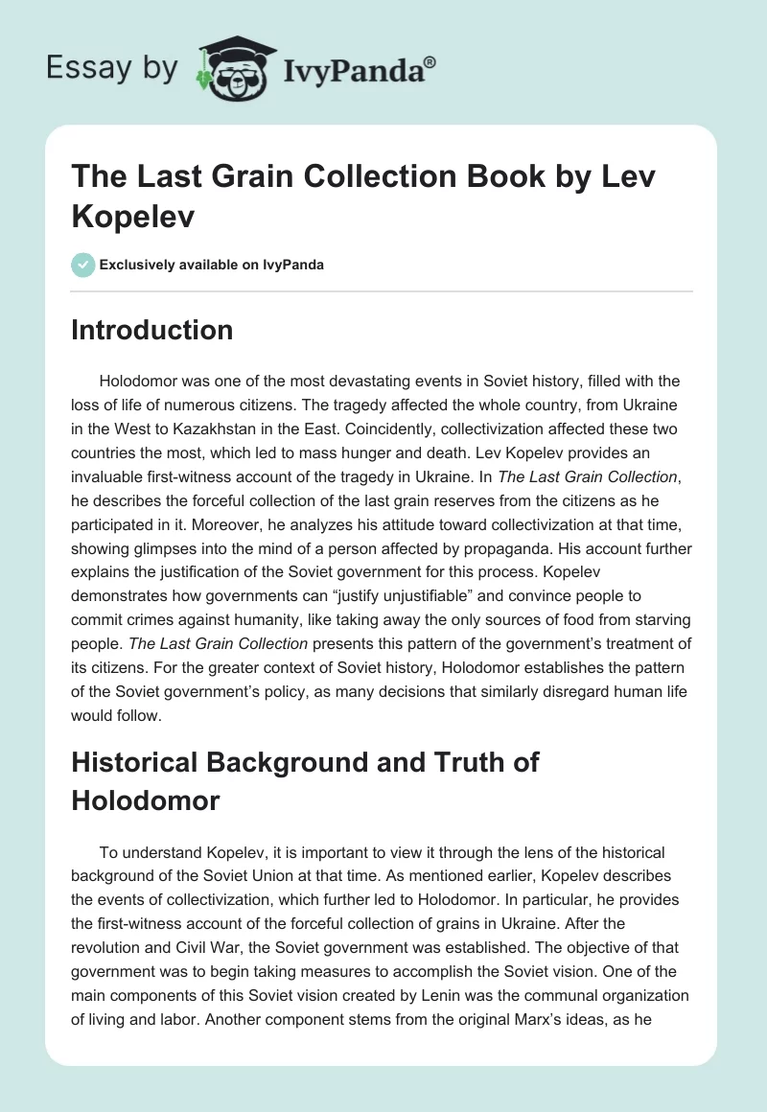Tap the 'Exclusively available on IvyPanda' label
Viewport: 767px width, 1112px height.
click(x=211, y=266)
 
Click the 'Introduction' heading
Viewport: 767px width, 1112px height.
click(x=152, y=330)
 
